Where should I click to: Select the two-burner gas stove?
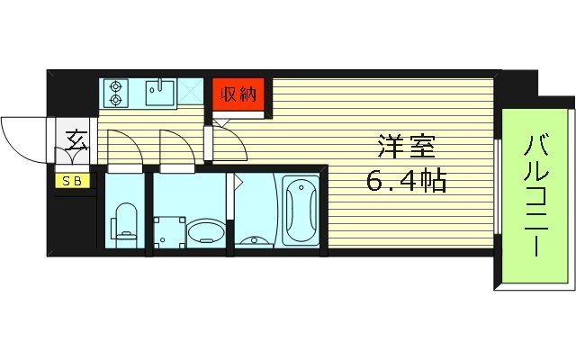coord(115,94)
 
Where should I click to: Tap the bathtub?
coord(300,210)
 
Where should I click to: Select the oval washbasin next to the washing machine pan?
coord(206,233)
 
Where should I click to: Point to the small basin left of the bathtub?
coord(254,238)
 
